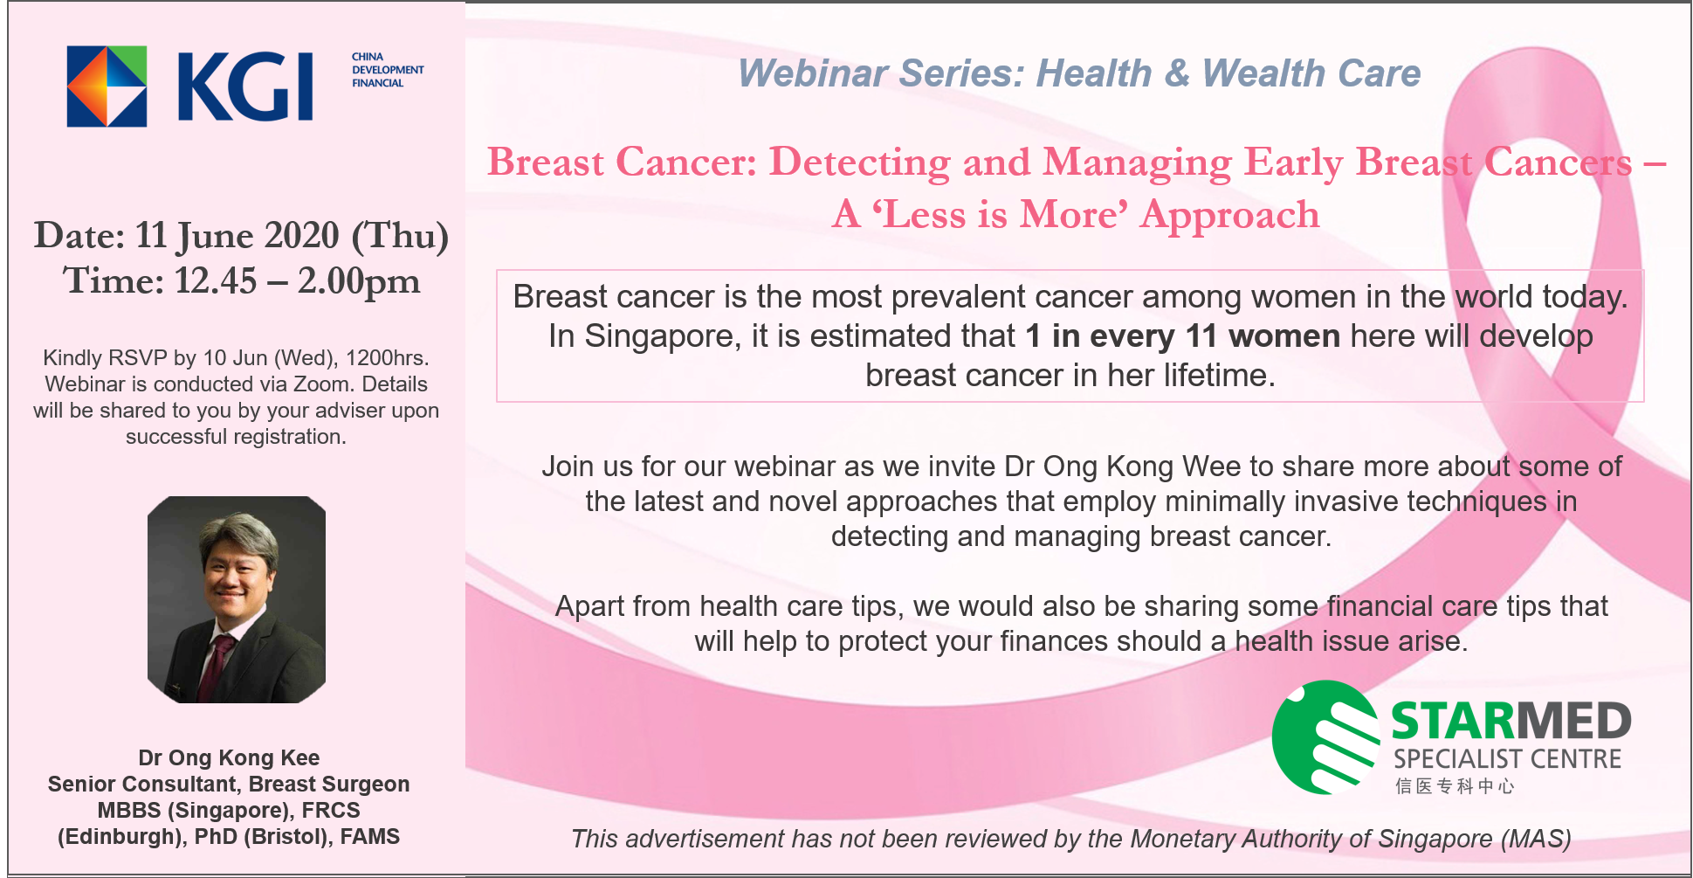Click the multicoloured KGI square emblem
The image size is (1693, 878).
[107, 86]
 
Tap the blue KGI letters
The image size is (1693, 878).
[245, 86]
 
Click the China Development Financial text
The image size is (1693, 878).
[388, 70]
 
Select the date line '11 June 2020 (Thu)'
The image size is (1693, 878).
[292, 236]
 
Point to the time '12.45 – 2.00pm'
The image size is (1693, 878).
[297, 281]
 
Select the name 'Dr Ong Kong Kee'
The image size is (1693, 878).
[229, 757]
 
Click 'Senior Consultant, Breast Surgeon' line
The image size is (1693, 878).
[229, 784]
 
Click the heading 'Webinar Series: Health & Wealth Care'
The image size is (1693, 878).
[1079, 73]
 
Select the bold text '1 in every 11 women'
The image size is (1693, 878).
[1182, 336]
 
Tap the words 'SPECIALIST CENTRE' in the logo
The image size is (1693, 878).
[1507, 758]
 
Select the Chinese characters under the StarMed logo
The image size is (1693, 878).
[1454, 785]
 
